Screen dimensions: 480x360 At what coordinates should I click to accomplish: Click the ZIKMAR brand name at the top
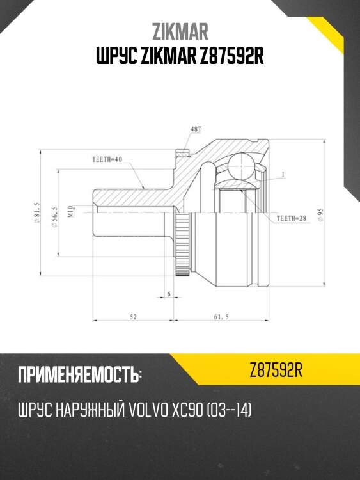point(180,31)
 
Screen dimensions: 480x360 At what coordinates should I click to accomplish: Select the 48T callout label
point(194,131)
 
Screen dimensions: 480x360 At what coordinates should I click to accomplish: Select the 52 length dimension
point(133,316)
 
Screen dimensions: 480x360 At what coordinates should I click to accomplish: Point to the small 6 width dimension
point(168,293)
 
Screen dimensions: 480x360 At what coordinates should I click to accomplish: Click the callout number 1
point(282,174)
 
